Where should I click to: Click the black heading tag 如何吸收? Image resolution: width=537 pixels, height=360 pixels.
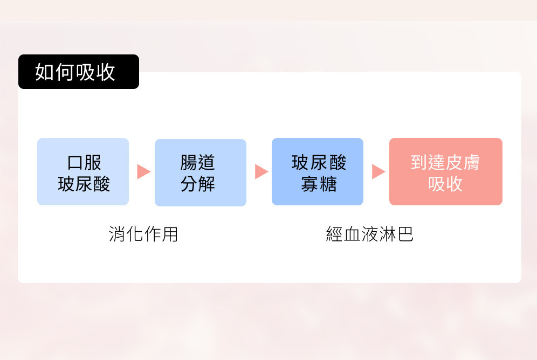(x=78, y=72)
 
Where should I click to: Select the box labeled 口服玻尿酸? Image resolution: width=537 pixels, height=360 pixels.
(x=83, y=171)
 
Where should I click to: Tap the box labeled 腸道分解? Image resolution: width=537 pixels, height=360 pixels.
(x=200, y=172)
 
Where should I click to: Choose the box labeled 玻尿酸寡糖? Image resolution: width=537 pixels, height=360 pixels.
(x=317, y=171)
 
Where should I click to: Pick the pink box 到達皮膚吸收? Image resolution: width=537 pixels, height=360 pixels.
(x=445, y=171)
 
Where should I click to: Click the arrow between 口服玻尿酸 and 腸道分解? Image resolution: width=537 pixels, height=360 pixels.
(x=143, y=172)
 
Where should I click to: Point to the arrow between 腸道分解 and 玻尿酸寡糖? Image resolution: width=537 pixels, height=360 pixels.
(x=261, y=172)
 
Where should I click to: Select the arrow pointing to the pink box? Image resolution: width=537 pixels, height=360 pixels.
(x=378, y=172)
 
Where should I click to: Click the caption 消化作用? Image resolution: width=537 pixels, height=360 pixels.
(x=143, y=234)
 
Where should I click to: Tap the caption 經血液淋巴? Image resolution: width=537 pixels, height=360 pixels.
(x=370, y=234)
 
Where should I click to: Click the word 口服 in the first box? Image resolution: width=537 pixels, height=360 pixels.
(x=84, y=162)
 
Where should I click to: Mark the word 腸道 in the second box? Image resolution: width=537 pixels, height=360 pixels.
(x=198, y=162)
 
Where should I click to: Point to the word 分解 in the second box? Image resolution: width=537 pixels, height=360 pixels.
(x=198, y=184)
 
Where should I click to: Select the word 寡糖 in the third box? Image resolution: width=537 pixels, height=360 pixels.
(x=319, y=184)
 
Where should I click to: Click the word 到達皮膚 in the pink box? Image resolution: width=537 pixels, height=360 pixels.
(x=445, y=162)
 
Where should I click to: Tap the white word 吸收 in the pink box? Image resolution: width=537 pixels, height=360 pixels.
(x=445, y=184)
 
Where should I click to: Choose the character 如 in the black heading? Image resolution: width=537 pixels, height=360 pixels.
(x=45, y=72)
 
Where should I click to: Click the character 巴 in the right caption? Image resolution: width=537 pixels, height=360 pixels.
(x=405, y=234)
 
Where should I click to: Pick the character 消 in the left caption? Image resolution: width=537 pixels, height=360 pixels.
(x=117, y=234)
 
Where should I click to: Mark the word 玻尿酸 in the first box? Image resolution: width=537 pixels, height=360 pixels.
(x=84, y=184)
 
